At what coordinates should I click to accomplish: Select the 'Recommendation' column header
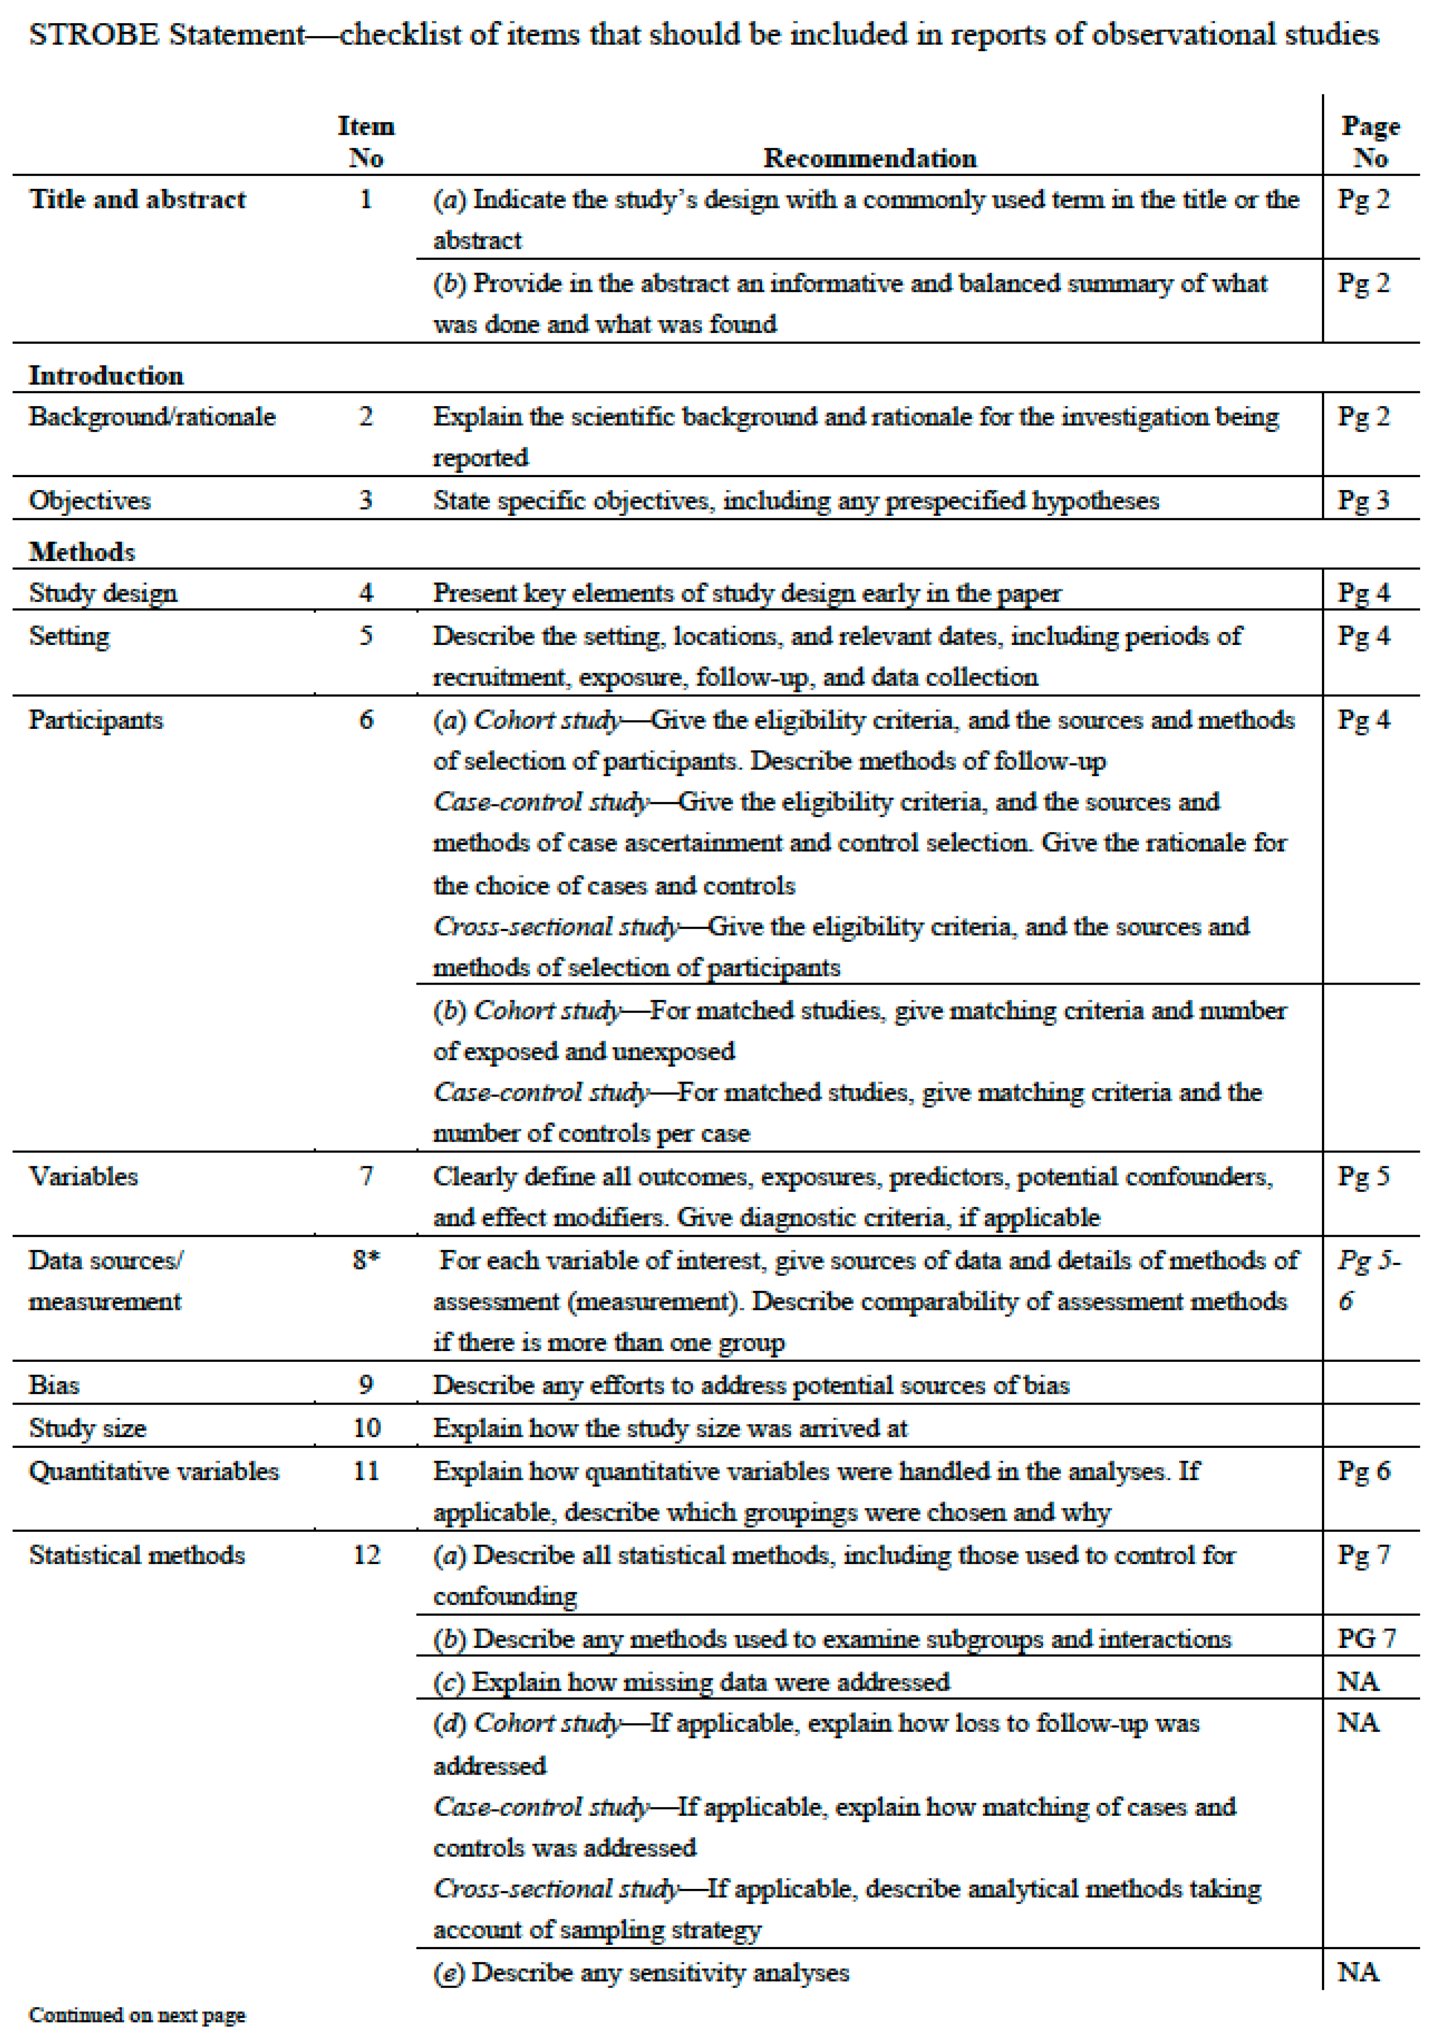click(x=869, y=159)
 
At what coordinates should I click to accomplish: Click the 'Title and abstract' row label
click(x=137, y=200)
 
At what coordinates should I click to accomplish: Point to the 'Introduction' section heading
click(x=107, y=375)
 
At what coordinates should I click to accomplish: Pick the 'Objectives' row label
click(x=90, y=501)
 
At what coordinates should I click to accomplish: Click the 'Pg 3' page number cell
click(x=1363, y=501)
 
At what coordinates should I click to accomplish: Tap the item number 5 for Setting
click(x=366, y=636)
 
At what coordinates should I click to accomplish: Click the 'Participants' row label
click(x=96, y=720)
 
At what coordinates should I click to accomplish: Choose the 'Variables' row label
click(x=83, y=1177)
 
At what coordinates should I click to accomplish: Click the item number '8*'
click(x=366, y=1260)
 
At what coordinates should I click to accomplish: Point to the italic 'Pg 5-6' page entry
click(x=1367, y=1281)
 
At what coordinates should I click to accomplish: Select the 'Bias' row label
click(x=54, y=1385)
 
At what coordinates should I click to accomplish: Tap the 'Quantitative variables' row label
click(x=154, y=1472)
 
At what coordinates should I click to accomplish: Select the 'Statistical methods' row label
click(x=137, y=1555)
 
